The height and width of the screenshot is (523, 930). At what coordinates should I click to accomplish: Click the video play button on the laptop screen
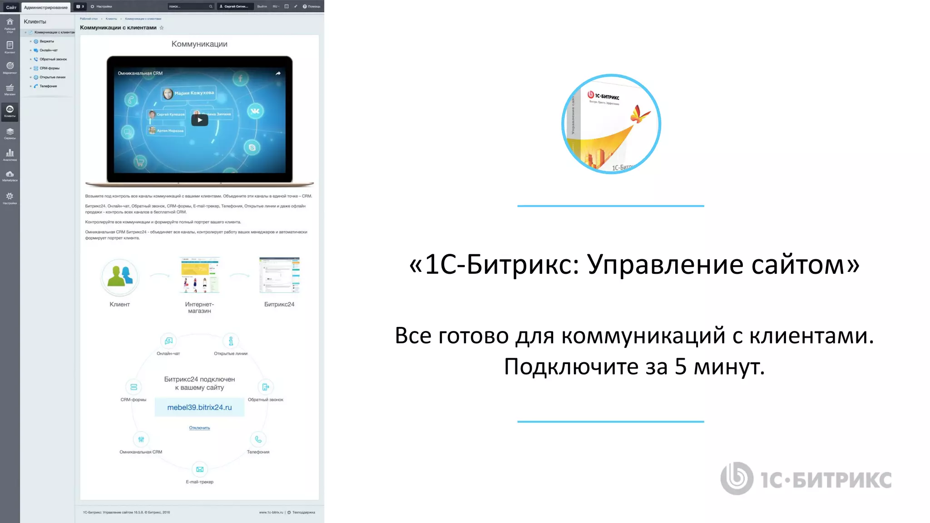199,120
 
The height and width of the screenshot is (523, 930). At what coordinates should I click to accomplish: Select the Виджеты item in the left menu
46,41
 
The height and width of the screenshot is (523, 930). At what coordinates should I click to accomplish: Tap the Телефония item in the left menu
48,86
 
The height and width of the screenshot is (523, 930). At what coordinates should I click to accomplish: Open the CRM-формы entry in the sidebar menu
49,68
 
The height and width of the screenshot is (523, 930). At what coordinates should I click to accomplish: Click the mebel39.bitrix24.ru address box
199,407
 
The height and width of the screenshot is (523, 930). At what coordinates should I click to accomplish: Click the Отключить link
199,428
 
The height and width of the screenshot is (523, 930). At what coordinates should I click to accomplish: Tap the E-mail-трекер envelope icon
200,469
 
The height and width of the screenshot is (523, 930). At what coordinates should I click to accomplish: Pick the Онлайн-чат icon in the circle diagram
168,341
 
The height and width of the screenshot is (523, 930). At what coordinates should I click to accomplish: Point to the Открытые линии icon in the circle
231,341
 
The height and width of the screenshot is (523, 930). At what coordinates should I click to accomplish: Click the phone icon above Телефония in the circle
258,439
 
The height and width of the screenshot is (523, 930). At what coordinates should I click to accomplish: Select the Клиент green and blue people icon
120,276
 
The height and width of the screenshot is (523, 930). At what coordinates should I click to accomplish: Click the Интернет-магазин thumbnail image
200,275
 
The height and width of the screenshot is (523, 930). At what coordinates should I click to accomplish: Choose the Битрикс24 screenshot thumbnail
279,275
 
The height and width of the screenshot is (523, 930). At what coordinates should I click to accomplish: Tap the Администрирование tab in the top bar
46,7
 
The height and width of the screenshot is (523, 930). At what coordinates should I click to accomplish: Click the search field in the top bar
188,6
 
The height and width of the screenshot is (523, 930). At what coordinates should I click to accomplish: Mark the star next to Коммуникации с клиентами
162,28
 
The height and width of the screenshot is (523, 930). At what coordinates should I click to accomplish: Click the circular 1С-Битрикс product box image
611,124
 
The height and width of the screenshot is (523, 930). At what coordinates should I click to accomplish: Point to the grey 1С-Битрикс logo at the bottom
806,479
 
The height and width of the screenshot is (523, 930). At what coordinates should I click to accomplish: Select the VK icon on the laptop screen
255,111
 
